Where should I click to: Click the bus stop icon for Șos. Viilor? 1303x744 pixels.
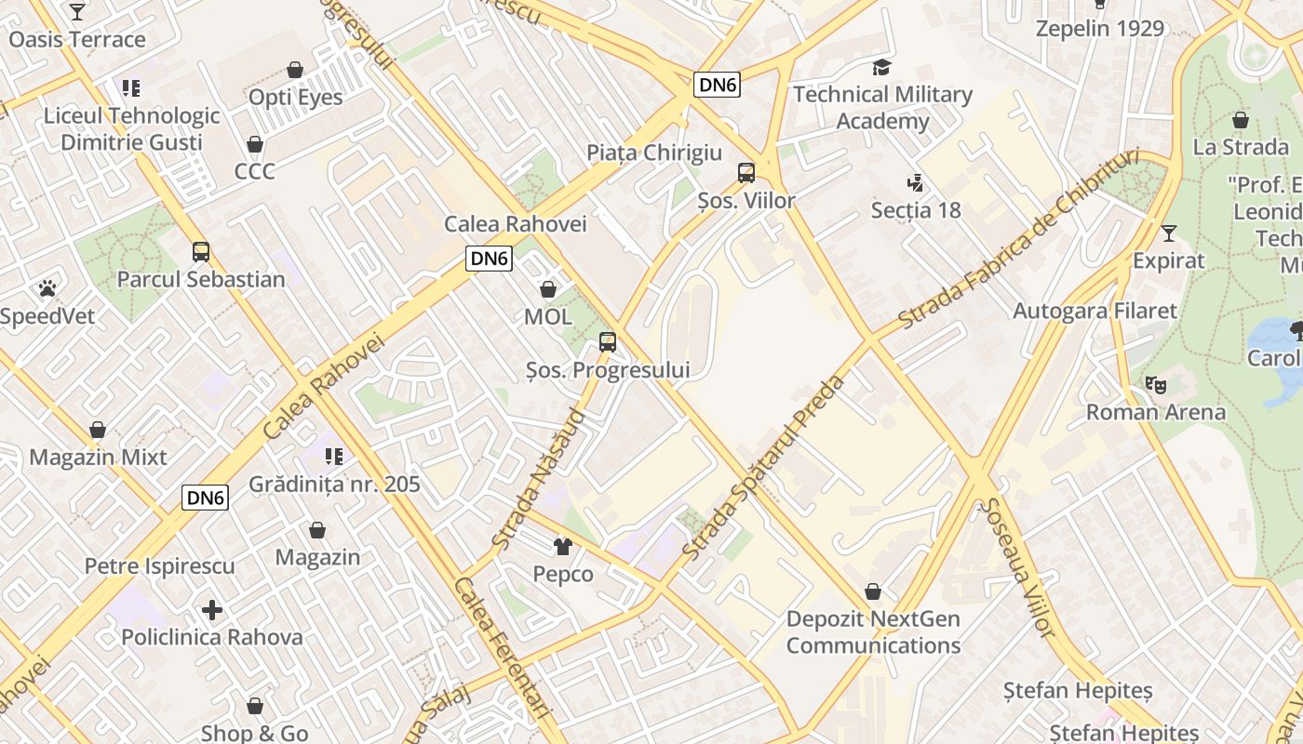pyautogui.click(x=746, y=172)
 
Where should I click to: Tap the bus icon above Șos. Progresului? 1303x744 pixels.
pyautogui.click(x=608, y=341)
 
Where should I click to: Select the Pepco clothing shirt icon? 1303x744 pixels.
pyautogui.click(x=563, y=546)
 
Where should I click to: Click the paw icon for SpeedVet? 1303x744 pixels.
pyautogui.click(x=47, y=288)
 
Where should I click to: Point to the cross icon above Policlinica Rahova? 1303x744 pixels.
pyautogui.click(x=212, y=610)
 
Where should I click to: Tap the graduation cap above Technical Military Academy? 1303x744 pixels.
pyautogui.click(x=881, y=67)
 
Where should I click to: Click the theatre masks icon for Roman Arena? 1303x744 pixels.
pyautogui.click(x=1156, y=384)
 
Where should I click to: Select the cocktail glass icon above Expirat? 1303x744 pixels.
pyautogui.click(x=1169, y=232)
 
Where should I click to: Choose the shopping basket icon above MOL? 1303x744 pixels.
pyautogui.click(x=548, y=289)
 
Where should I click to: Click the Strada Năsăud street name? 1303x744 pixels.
pyautogui.click(x=539, y=478)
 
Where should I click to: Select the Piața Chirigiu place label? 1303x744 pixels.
pyautogui.click(x=654, y=153)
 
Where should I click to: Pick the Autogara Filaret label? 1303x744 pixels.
pyautogui.click(x=1095, y=311)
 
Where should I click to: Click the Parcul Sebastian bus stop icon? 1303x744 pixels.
pyautogui.click(x=201, y=251)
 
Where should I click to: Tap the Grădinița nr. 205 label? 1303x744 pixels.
pyautogui.click(x=334, y=484)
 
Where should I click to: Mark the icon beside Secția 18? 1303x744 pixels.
pyautogui.click(x=916, y=182)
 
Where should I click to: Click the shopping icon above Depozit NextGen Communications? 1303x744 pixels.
pyautogui.click(x=873, y=591)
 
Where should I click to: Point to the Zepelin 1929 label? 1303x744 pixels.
pyautogui.click(x=1100, y=28)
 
